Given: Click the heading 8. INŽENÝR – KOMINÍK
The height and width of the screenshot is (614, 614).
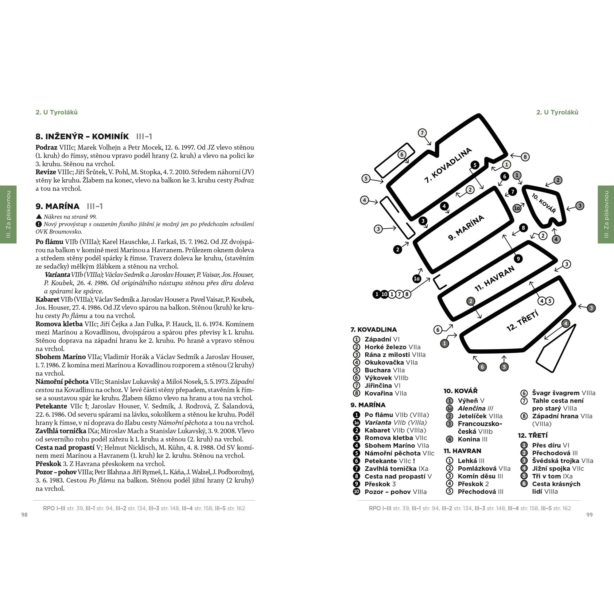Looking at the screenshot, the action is (82, 136).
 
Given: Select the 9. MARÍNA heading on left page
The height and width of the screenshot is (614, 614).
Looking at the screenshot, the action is (57, 206).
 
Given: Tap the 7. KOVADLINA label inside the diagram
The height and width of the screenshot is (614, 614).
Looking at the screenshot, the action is (448, 165).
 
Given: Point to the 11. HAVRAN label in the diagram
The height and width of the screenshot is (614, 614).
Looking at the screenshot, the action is (495, 279).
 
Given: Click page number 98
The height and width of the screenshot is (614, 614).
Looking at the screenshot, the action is (25, 515).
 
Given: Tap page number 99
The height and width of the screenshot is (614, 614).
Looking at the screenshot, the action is (589, 515).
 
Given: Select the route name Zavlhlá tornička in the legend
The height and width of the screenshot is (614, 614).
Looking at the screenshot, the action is (390, 469).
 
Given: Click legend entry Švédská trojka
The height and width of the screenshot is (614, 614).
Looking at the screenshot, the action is (556, 461).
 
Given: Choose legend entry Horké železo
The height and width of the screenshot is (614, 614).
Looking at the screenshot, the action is (386, 347).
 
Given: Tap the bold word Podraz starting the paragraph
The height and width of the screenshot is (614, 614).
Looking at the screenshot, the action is (46, 147).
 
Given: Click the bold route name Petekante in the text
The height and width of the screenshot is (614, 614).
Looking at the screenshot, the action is (51, 406).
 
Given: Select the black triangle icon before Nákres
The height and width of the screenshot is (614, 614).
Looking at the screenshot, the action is (39, 216).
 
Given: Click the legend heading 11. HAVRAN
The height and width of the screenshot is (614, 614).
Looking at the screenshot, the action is (462, 451).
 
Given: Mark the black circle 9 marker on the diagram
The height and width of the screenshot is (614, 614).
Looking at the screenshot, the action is (518, 259).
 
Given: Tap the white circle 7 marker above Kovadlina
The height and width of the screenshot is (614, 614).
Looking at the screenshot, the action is (422, 133).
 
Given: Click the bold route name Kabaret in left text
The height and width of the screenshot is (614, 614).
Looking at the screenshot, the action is (47, 299).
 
